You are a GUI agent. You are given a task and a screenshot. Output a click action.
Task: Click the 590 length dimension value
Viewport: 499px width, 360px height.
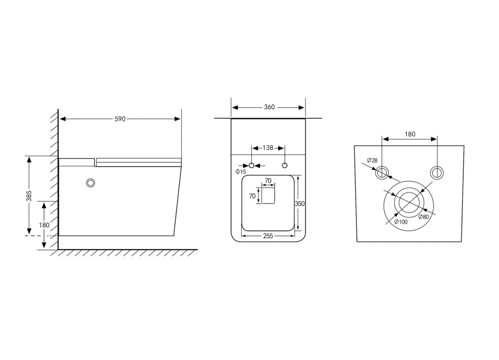point(120,119)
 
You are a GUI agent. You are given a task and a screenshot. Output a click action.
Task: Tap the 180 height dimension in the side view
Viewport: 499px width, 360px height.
point(44,225)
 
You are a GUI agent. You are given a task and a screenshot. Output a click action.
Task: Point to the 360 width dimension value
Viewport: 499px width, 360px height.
point(269,107)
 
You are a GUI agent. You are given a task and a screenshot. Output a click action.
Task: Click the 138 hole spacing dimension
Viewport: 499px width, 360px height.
point(268,148)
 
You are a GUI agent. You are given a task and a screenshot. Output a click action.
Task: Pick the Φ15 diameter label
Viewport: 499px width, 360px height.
point(241,172)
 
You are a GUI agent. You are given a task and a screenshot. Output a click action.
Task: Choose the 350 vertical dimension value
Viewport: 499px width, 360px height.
point(300,203)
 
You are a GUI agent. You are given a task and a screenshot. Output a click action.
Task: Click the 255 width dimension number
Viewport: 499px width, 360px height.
point(268,236)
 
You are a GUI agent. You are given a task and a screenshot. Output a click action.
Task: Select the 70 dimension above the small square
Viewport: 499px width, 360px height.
point(268,180)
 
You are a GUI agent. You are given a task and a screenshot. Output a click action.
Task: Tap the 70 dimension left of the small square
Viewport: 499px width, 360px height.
point(252,196)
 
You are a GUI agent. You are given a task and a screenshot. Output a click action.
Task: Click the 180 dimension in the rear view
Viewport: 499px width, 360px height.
point(410,134)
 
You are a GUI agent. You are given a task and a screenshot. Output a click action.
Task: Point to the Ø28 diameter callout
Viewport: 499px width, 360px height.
point(372,160)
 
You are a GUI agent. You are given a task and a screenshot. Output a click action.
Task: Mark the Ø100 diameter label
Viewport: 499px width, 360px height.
point(401,221)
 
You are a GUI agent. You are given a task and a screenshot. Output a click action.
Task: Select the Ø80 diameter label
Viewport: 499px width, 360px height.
point(424,216)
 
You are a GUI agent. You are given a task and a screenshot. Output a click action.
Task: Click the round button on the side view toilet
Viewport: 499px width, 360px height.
point(91,183)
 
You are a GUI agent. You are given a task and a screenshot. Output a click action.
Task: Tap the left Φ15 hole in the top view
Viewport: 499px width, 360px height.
point(252,165)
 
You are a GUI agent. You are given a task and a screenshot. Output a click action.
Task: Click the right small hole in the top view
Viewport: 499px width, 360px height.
point(284,165)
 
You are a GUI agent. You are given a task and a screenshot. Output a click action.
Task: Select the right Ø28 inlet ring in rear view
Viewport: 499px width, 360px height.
point(437,173)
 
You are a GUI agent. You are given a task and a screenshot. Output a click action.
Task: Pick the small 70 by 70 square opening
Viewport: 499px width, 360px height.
point(268,196)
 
